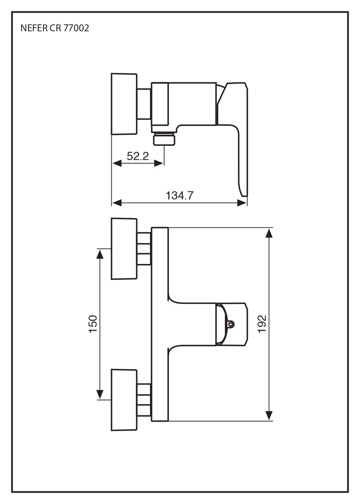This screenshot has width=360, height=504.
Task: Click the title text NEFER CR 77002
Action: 54,28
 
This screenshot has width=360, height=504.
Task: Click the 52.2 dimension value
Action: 138,156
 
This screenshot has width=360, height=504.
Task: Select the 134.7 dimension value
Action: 179,196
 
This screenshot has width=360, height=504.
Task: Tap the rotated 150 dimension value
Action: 93,324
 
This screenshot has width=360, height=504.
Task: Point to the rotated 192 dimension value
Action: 262,324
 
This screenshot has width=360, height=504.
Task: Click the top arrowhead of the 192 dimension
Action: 269,233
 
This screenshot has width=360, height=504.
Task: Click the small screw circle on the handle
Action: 231,324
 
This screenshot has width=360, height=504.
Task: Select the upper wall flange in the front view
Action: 124,249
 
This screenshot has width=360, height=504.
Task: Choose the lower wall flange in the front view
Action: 124,400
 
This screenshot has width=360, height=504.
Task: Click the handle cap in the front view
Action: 234,324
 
